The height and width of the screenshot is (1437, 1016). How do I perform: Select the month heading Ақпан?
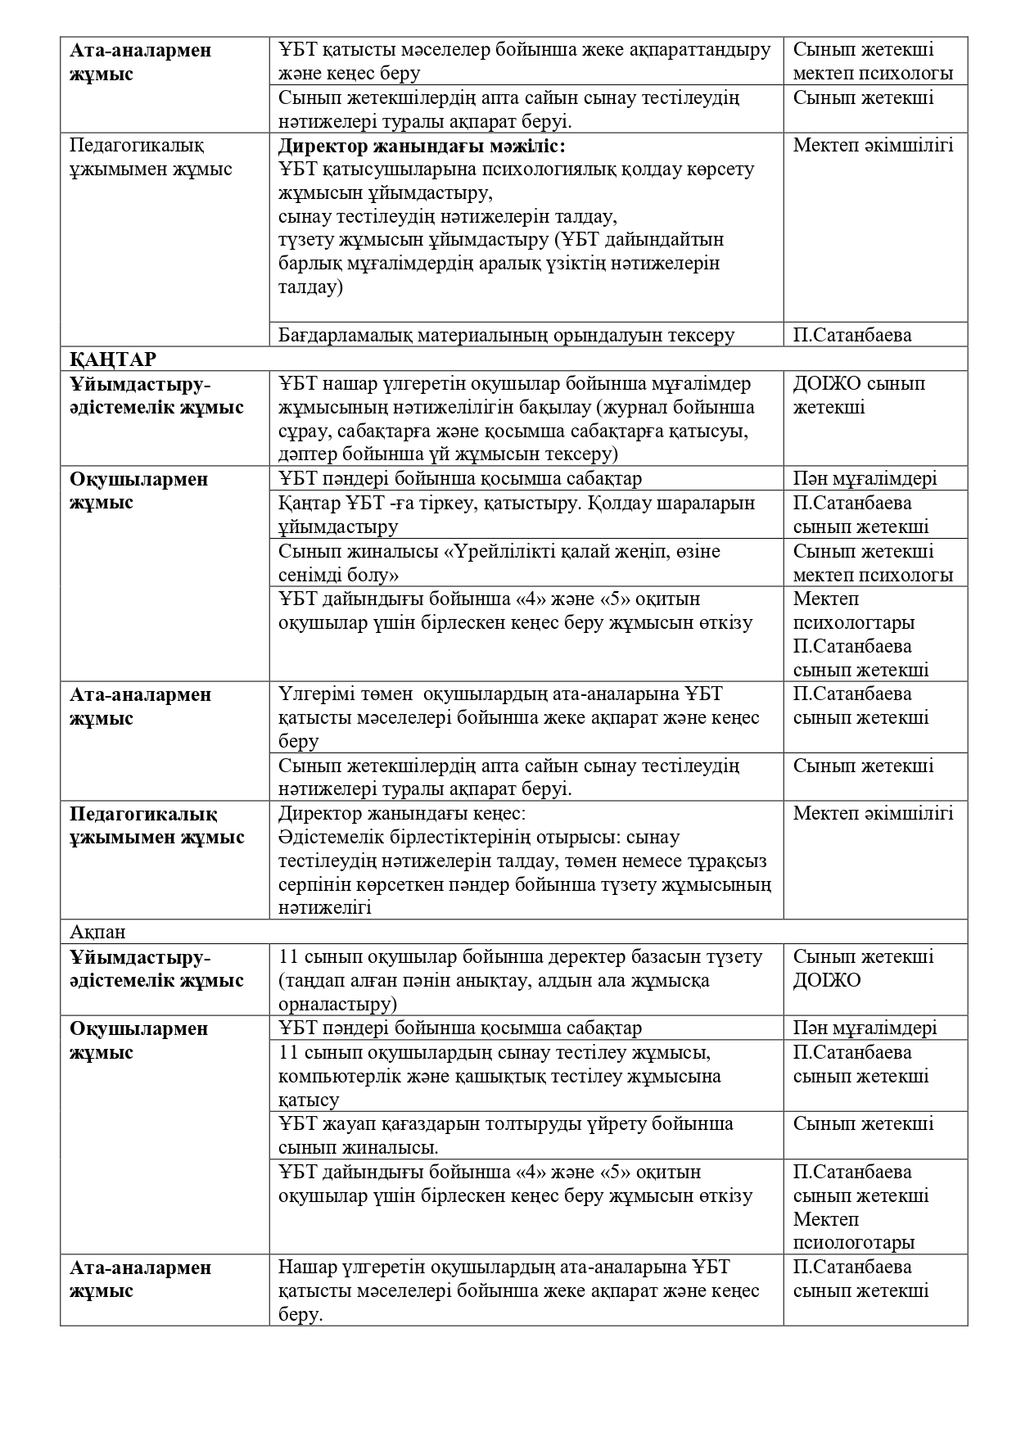tap(97, 932)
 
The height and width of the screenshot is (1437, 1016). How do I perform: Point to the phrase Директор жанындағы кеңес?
tap(402, 814)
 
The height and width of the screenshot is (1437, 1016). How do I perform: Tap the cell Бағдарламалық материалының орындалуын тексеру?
tap(506, 335)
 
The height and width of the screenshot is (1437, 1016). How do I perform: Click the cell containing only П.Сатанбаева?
tap(852, 335)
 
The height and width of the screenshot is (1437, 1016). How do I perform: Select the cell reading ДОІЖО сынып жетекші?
tap(859, 395)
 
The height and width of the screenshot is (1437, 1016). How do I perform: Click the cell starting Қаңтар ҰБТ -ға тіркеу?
tap(517, 514)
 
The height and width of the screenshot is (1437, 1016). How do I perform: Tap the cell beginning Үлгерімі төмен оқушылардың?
tap(519, 717)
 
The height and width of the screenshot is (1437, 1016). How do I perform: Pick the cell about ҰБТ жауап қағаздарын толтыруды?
tap(506, 1135)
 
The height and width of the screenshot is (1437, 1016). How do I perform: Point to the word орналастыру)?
tap(337, 1004)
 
